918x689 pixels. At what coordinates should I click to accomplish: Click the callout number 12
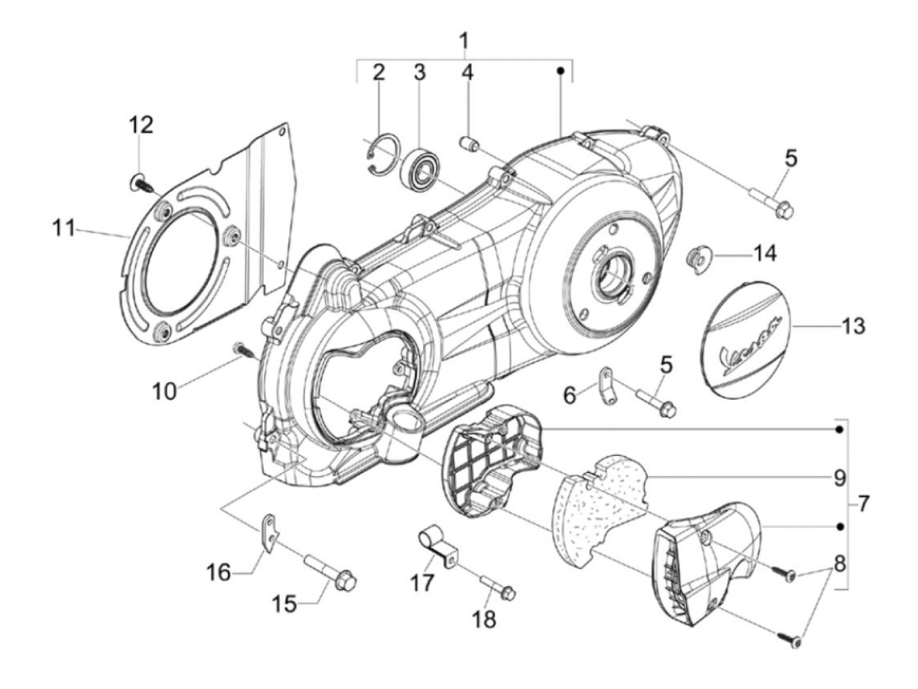coord(141,125)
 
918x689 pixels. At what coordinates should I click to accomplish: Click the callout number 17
coord(422,583)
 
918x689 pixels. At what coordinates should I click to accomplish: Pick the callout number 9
coord(839,479)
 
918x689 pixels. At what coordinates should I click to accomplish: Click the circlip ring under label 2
coord(385,155)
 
